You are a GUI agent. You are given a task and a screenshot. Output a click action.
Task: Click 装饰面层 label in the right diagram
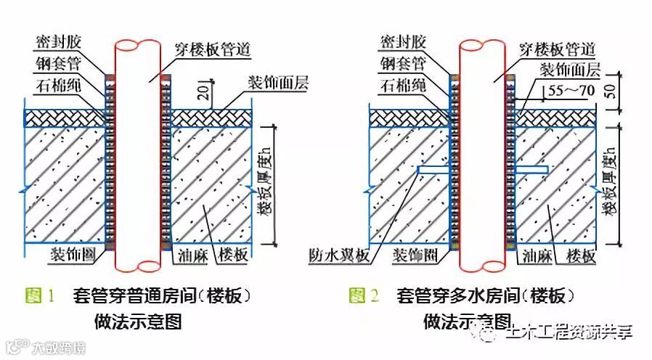pyautogui.click(x=569, y=70)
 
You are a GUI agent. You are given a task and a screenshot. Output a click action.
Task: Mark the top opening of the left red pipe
pyautogui.click(x=136, y=46)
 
